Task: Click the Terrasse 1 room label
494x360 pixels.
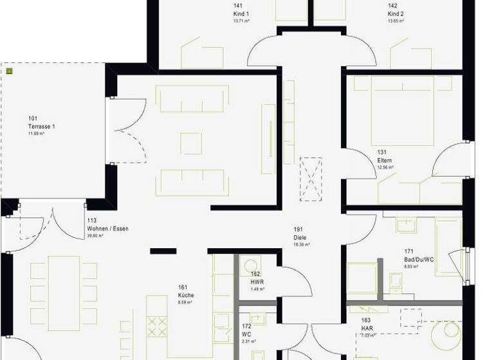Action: click(x=42, y=126)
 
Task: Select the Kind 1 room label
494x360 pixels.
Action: click(x=241, y=13)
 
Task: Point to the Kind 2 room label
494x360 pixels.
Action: click(x=396, y=13)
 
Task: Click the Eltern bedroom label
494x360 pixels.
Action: click(x=385, y=160)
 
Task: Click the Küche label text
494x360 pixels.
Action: click(x=186, y=295)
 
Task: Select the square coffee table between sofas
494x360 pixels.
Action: click(x=191, y=143)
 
